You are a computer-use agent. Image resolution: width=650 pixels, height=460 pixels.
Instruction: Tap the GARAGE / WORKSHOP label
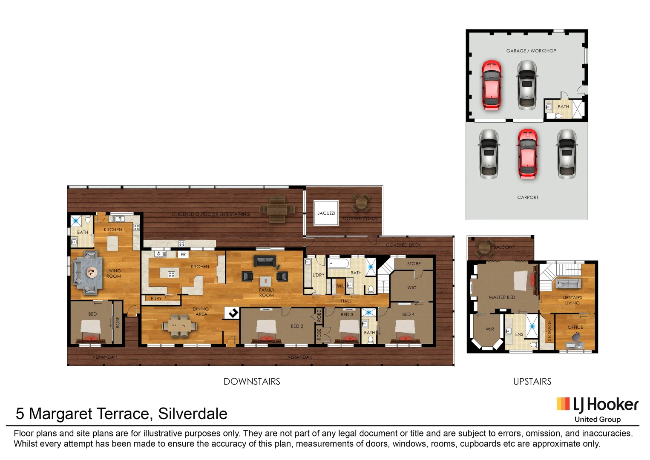(x=531, y=51)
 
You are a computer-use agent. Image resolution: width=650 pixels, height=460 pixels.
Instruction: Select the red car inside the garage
(x=491, y=85)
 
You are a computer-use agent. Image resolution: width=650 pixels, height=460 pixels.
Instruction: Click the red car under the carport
(x=528, y=154)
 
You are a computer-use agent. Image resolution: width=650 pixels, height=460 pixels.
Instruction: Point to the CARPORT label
(x=527, y=197)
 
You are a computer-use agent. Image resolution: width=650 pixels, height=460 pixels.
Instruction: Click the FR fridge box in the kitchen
(x=183, y=254)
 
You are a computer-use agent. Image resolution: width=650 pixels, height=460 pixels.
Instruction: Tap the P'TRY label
(x=156, y=299)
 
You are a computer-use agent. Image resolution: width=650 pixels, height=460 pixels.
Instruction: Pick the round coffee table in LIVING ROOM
(x=91, y=272)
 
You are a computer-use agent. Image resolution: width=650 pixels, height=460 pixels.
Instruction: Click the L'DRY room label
(x=318, y=275)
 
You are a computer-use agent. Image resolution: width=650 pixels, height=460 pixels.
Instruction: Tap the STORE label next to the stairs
(x=414, y=264)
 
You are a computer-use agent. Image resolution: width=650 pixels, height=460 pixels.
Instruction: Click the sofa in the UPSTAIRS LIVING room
(x=568, y=283)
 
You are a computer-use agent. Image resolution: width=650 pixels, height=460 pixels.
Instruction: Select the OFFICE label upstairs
(x=575, y=327)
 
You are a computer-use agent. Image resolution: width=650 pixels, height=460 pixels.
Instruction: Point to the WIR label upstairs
(x=490, y=329)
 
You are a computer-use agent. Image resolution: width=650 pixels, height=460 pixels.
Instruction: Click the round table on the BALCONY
(x=484, y=247)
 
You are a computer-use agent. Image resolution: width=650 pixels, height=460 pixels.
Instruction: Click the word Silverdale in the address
(x=193, y=414)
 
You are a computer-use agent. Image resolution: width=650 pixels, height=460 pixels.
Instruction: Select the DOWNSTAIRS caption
(x=252, y=381)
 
